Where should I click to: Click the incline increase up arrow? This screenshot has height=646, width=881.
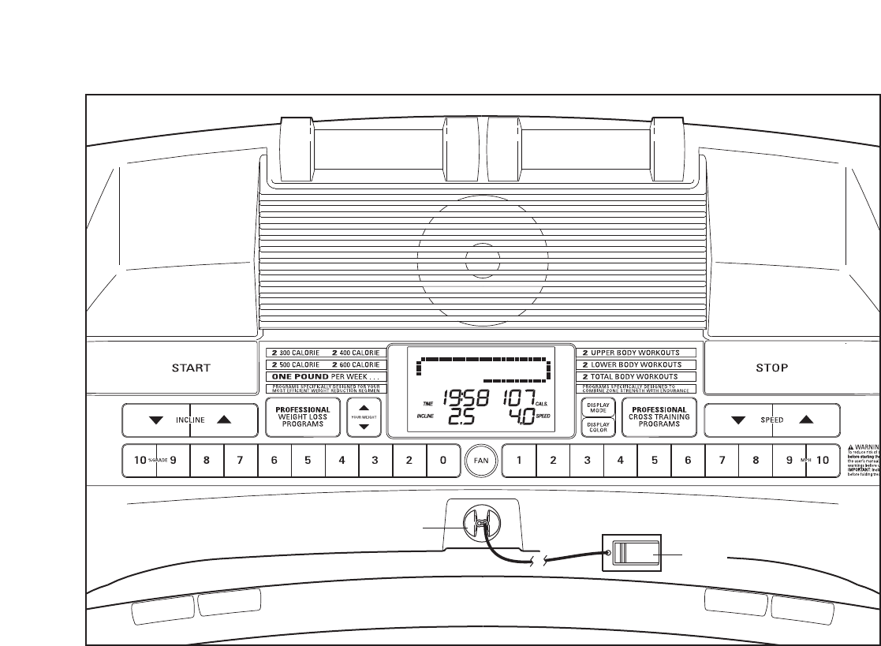pyautogui.click(x=224, y=420)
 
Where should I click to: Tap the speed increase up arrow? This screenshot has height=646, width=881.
pyautogui.click(x=805, y=420)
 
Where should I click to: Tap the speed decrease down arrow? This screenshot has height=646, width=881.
pyautogui.click(x=738, y=420)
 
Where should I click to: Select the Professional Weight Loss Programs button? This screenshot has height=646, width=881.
pyautogui.click(x=302, y=416)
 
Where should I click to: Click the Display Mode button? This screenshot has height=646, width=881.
pyautogui.click(x=599, y=408)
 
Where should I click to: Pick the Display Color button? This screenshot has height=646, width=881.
pyautogui.click(x=599, y=427)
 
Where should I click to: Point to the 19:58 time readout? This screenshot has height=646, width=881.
pyautogui.click(x=466, y=398)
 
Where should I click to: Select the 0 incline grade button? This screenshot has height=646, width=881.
pyautogui.click(x=442, y=461)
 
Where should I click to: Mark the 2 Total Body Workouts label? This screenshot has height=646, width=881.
pyautogui.click(x=640, y=377)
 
